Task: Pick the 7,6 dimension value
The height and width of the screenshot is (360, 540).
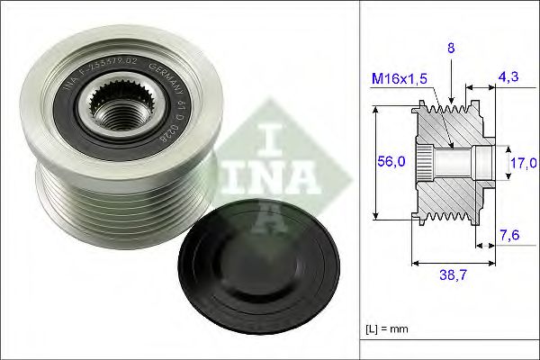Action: pyautogui.click(x=509, y=237)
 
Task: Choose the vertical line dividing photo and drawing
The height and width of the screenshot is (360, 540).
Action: pyautogui.click(x=360, y=180)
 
